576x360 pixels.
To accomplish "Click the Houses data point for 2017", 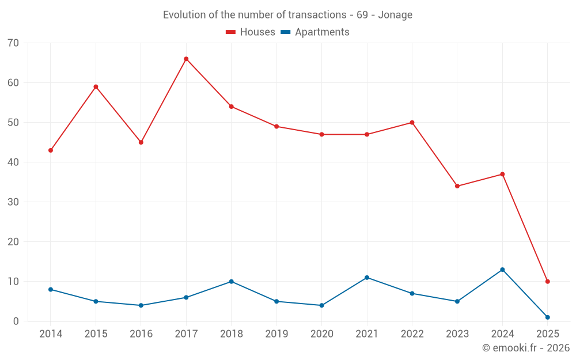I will (x=186, y=59).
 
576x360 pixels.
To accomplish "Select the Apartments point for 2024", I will (x=502, y=270).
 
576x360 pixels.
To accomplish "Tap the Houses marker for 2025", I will (x=547, y=282).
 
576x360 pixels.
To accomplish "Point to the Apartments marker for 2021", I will (x=367, y=278).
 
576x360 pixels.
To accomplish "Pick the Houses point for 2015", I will (x=96, y=87).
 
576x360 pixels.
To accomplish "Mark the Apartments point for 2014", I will (x=51, y=289).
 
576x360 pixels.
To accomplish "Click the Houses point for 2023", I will (x=457, y=186).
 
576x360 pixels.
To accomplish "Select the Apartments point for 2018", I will (x=231, y=282).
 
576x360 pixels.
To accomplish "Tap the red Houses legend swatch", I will (x=230, y=32).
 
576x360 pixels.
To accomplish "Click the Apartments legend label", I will (x=322, y=32).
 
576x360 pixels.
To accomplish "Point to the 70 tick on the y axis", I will (x=13, y=43).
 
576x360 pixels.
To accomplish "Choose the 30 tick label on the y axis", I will (x=13, y=202).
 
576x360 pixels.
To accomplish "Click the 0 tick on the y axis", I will (x=16, y=321).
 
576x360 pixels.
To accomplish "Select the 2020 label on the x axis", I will (x=321, y=334).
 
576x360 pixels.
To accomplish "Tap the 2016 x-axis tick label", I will (x=141, y=334).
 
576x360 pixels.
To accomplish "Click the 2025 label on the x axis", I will (x=547, y=334).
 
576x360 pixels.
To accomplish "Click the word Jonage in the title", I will (x=396, y=15).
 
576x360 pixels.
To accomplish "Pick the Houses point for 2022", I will (x=412, y=123).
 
